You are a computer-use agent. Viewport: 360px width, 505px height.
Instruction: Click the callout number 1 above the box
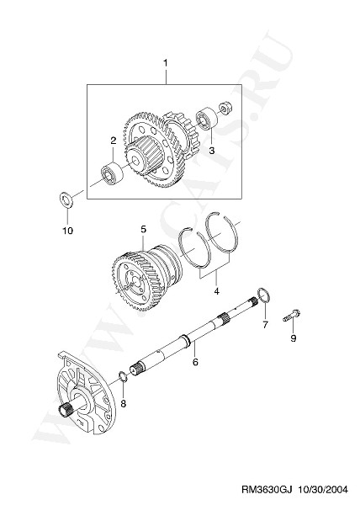[x=166, y=63]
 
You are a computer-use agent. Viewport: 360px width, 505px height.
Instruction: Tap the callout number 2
[x=114, y=141]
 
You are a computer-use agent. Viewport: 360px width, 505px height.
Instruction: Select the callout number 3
[x=212, y=151]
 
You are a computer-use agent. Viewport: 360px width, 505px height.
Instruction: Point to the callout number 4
[x=216, y=291]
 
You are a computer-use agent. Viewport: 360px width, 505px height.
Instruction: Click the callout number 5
[x=143, y=229]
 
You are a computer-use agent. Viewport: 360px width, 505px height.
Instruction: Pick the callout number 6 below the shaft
[x=195, y=362]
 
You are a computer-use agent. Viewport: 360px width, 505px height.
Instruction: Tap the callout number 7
[x=265, y=325]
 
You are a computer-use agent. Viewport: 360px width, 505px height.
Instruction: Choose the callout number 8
[x=124, y=403]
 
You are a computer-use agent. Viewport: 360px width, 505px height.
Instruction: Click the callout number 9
[x=293, y=338]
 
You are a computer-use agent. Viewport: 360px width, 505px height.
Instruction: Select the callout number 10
[x=68, y=231]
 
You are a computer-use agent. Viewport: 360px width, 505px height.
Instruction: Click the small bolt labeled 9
[x=291, y=315]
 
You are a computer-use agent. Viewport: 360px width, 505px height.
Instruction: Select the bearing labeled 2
[x=112, y=173]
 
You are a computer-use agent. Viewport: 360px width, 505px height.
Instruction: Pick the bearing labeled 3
[x=207, y=119]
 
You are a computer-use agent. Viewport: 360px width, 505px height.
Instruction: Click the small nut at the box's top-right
[x=226, y=108]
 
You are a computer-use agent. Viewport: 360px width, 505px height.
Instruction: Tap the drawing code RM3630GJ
[x=267, y=490]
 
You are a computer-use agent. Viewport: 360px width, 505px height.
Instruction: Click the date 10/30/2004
[x=322, y=490]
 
